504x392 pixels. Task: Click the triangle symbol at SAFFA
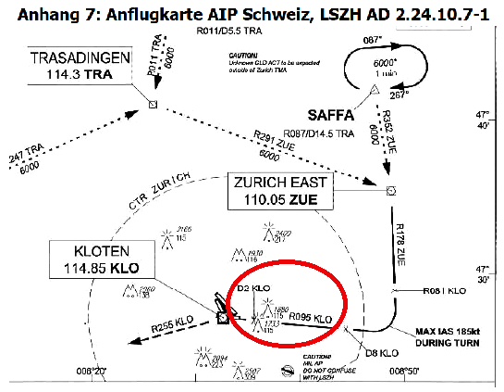pos(375,90)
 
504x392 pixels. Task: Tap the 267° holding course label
pos(397,95)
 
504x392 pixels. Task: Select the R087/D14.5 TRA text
pos(317,134)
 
